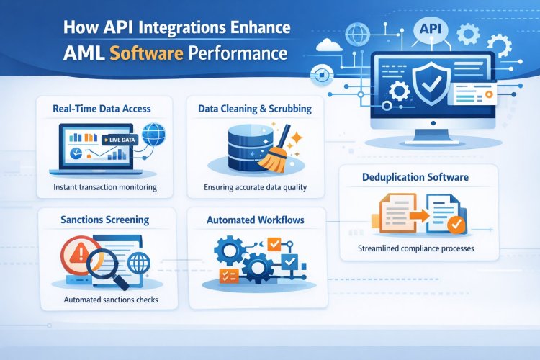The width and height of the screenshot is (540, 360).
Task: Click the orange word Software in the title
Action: coord(146,54)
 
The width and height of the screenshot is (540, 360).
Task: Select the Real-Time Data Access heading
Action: coord(102,109)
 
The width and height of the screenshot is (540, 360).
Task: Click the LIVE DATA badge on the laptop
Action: coord(120,140)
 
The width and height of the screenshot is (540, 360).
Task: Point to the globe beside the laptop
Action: coord(153,134)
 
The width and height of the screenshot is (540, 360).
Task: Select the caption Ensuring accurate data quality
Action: coord(255,187)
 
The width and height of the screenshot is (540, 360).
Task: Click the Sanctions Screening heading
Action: coord(104,220)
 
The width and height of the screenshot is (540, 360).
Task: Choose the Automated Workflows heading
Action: coord(256,220)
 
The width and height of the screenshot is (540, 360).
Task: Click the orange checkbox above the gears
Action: coord(274,244)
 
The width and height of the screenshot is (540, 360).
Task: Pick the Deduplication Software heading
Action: coord(415,177)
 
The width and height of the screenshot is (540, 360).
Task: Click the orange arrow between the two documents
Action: coord(419,216)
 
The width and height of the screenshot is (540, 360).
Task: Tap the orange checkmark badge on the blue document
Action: coord(456,225)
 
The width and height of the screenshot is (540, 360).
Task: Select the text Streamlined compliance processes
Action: coord(415,248)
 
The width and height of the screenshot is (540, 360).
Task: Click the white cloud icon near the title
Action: coord(329,45)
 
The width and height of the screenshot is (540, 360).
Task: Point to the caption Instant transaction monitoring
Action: coord(105,187)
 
